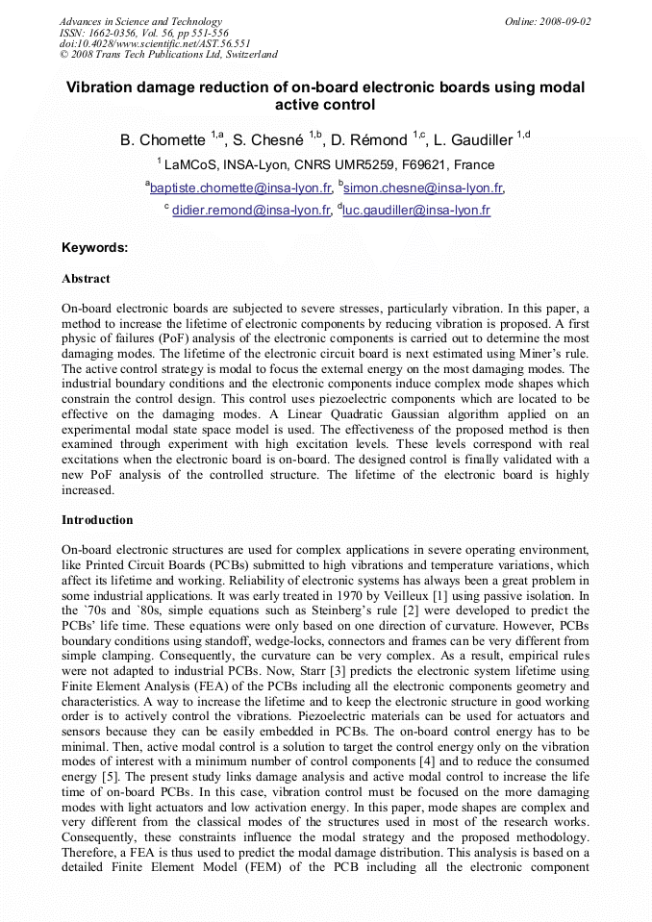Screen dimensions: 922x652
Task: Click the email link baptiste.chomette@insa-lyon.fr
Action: click(241, 188)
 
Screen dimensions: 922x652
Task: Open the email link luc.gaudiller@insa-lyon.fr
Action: click(416, 211)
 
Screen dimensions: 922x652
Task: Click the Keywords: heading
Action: click(94, 247)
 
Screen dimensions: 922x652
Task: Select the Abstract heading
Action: click(86, 279)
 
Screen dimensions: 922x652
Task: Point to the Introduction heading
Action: click(97, 520)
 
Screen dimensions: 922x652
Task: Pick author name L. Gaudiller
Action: click(479, 140)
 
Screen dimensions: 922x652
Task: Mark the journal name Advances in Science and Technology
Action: click(140, 21)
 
